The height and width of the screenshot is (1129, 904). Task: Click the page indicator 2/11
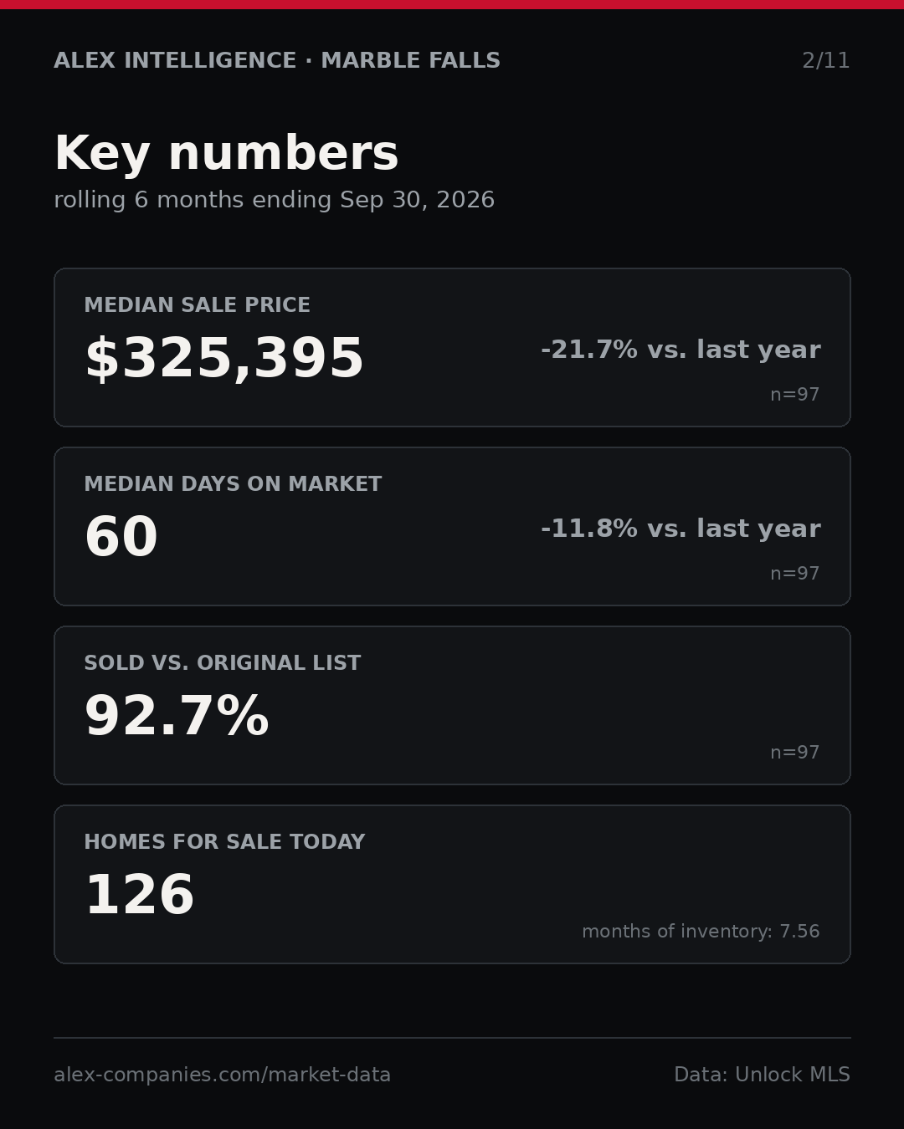(825, 60)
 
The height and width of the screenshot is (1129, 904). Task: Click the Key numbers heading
(226, 153)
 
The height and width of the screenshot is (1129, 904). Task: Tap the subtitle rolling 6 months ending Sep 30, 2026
(275, 200)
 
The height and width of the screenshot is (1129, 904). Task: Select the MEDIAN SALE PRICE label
(197, 304)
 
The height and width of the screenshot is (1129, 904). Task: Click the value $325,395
(224, 358)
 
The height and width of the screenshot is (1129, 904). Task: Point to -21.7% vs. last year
(681, 350)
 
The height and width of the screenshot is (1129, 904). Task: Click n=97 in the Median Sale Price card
(794, 395)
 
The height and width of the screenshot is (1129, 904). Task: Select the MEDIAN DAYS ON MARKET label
(233, 483)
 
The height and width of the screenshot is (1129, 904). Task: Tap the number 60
(121, 537)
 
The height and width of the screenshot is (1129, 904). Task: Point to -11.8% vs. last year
(681, 529)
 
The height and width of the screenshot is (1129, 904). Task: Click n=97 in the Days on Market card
(794, 574)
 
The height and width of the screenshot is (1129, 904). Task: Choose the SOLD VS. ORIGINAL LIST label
(222, 662)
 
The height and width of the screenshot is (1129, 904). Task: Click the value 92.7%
(177, 716)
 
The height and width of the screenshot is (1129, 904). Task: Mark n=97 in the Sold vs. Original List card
(794, 753)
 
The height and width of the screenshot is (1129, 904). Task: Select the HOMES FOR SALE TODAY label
(224, 841)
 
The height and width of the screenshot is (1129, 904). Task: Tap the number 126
(140, 895)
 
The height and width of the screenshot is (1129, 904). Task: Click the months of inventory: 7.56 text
(701, 931)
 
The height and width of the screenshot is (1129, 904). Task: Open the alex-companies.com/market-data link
(222, 1075)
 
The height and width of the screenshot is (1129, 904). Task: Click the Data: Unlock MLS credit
(763, 1075)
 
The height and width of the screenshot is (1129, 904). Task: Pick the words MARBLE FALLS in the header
(410, 60)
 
